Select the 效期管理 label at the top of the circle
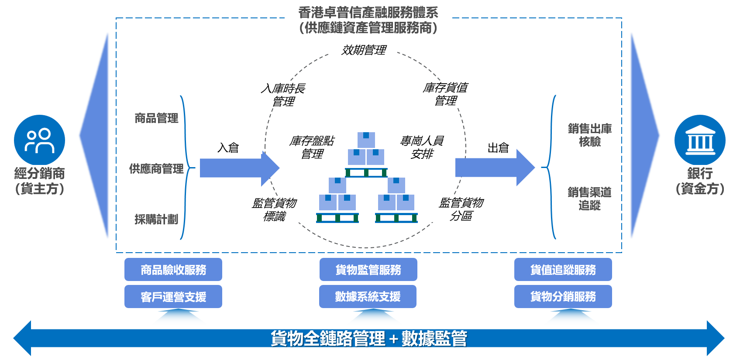point(363,50)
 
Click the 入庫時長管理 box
point(282,95)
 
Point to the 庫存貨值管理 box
point(444,94)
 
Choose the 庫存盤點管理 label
point(311,147)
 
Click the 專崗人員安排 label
point(421,147)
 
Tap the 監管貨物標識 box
point(274,209)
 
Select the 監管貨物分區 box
point(461,209)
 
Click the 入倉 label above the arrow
point(228,147)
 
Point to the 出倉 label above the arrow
point(498,147)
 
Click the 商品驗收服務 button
point(173,270)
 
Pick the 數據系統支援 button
point(368,297)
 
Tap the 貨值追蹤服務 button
point(563,270)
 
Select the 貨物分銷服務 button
point(563,297)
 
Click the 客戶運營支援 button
point(173,297)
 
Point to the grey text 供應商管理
point(156,168)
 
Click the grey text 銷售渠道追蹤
point(589,199)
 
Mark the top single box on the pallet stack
point(366,140)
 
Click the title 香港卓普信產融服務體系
point(368,13)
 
